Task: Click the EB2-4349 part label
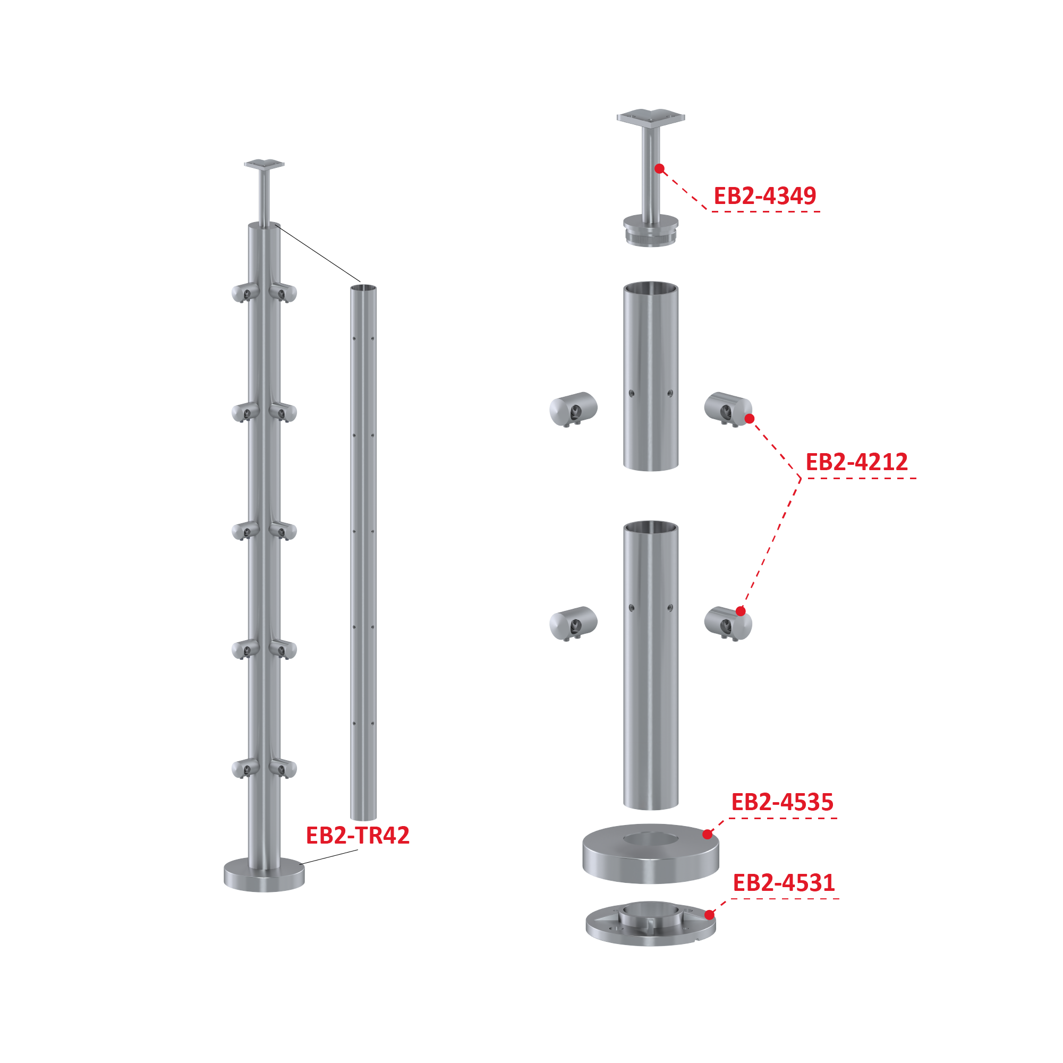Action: [x=765, y=196]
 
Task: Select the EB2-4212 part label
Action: [x=857, y=462]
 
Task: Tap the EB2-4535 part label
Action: [x=783, y=802]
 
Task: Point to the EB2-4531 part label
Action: [x=784, y=883]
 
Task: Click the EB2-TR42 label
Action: [x=358, y=836]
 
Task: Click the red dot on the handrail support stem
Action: [x=660, y=168]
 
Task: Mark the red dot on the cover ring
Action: [x=708, y=835]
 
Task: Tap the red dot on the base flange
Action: [x=710, y=915]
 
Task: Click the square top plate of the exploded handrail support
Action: [x=651, y=117]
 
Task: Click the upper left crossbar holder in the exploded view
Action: [x=573, y=409]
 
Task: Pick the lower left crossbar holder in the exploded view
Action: [x=573, y=623]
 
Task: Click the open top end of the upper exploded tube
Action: [x=651, y=288]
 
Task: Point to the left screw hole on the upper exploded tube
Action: [x=632, y=394]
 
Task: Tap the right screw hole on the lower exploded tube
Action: [x=670, y=608]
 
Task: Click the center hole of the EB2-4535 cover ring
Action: [x=651, y=839]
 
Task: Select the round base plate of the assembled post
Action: [x=264, y=874]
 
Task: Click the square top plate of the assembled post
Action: [x=265, y=165]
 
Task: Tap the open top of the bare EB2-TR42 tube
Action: [x=364, y=288]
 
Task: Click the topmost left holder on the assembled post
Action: [x=245, y=293]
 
